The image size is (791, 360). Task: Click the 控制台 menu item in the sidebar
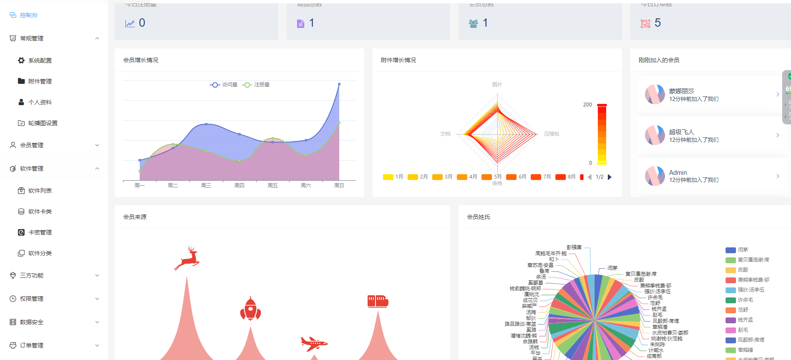[28, 15]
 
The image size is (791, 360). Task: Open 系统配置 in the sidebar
[40, 60]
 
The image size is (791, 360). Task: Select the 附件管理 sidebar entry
[40, 81]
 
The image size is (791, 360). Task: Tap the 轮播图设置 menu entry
[43, 123]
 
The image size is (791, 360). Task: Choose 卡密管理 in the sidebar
[40, 232]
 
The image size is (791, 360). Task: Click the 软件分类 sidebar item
[40, 253]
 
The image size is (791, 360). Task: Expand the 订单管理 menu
[32, 345]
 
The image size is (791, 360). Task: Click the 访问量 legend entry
[224, 85]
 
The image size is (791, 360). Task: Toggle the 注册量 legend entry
[256, 85]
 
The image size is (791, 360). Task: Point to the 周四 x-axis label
[239, 186]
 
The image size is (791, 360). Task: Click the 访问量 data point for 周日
[339, 84]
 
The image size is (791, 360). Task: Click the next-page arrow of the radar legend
[610, 177]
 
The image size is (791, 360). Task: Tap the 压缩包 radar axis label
[552, 134]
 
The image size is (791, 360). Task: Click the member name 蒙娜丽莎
[682, 91]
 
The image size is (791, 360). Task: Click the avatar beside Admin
[655, 176]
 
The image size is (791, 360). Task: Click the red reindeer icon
[187, 258]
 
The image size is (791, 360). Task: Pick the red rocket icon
[250, 309]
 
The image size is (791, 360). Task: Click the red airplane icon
[314, 344]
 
